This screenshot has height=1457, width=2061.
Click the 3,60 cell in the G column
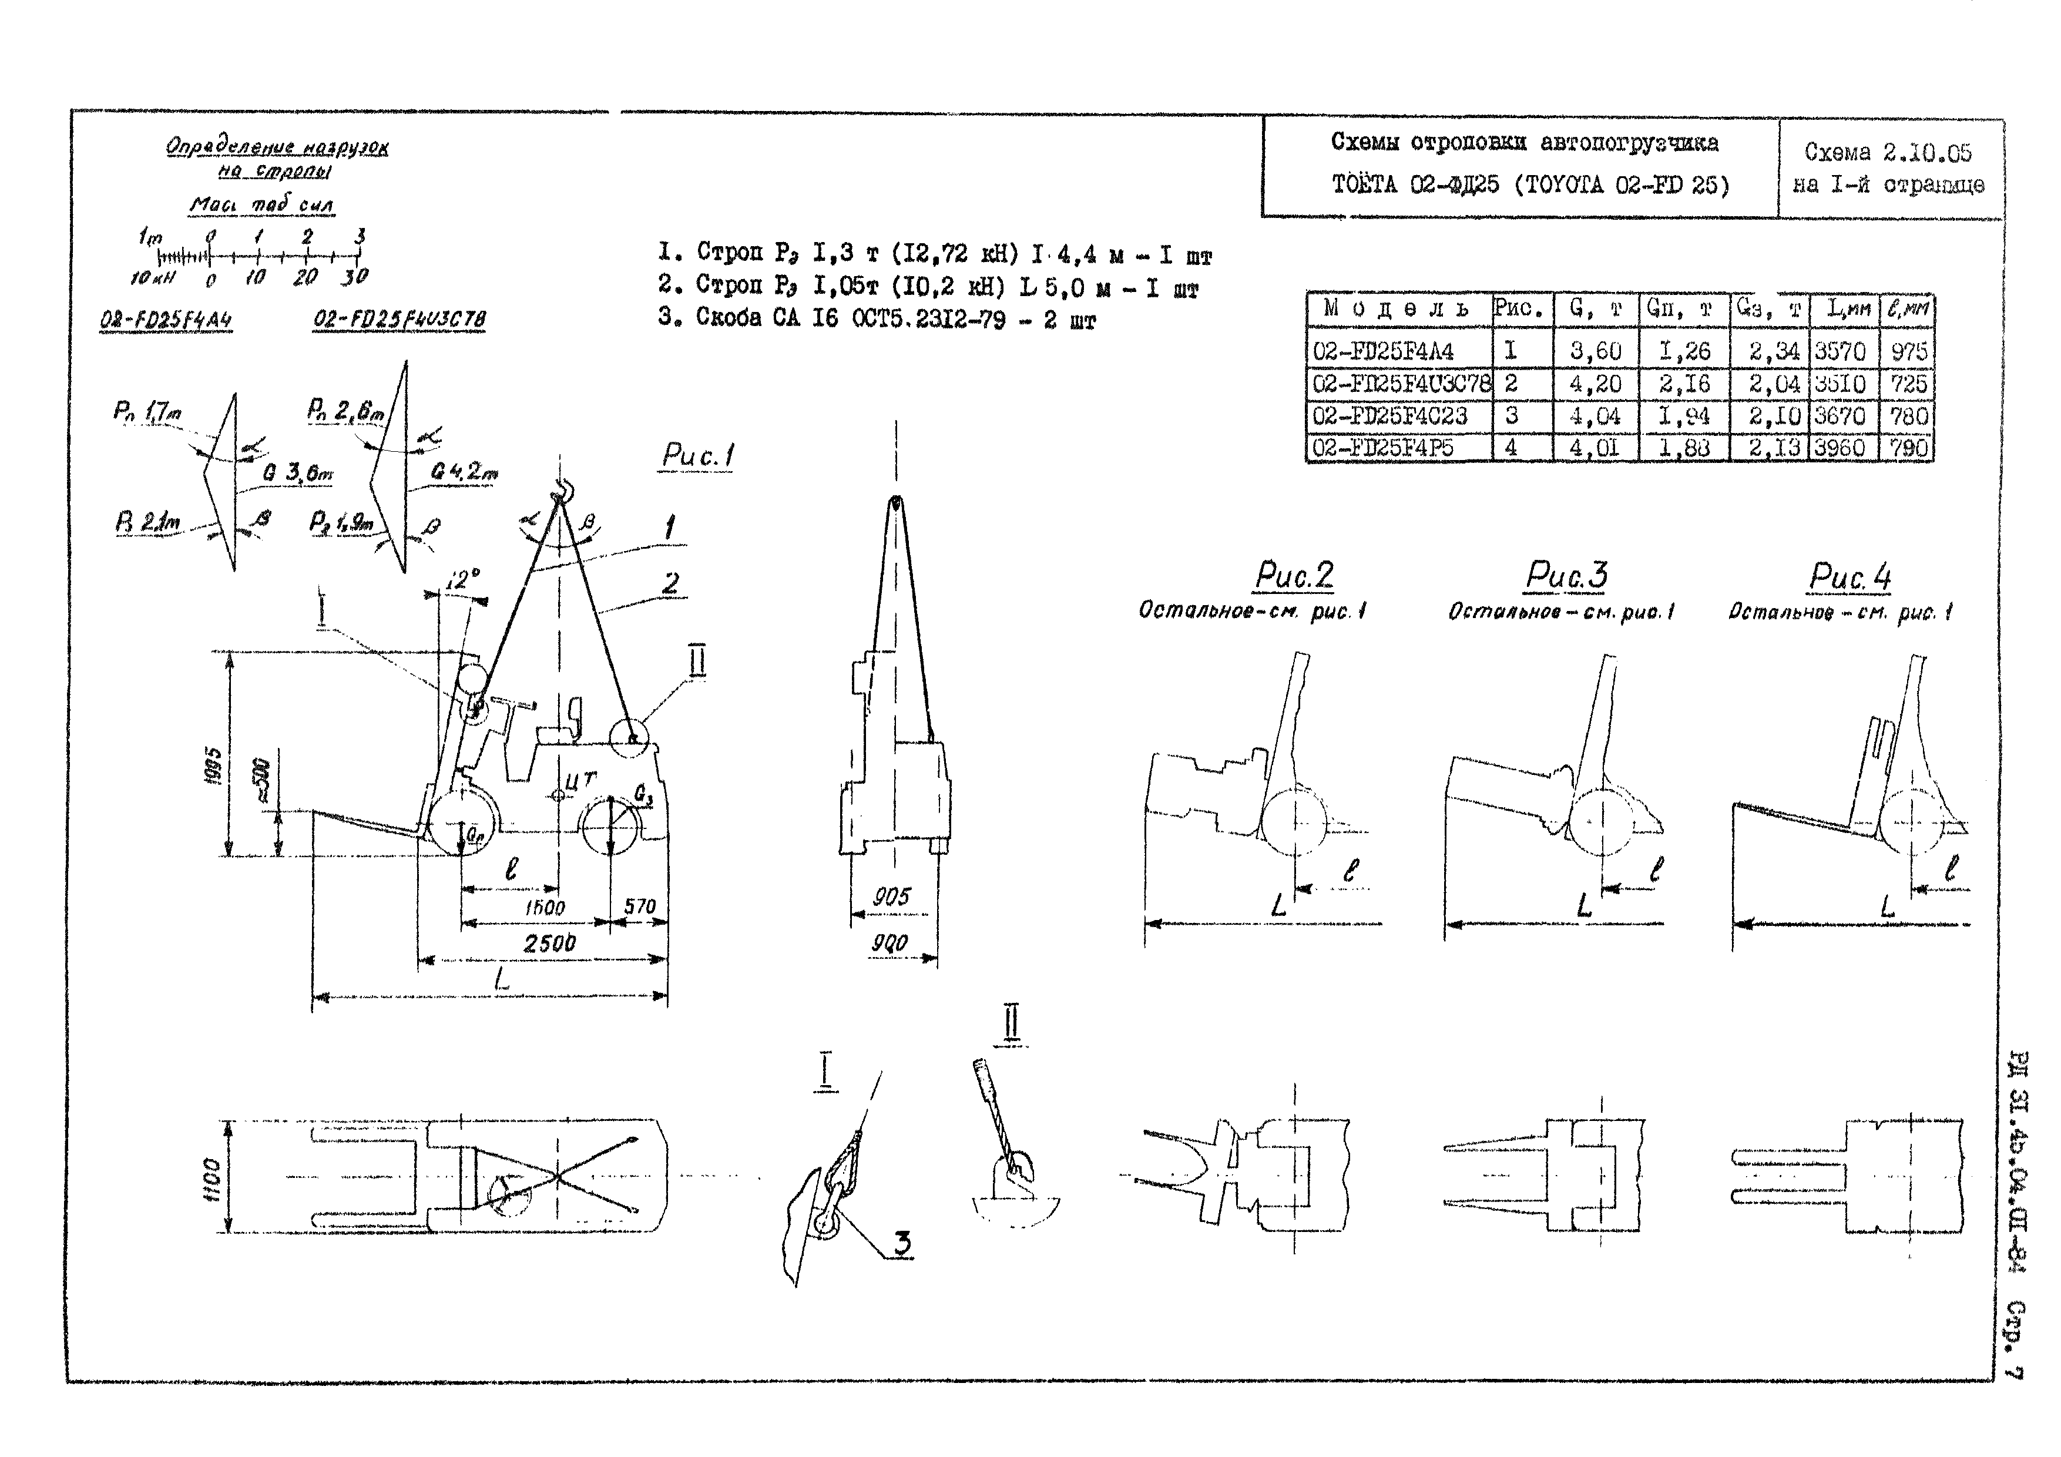[x=1595, y=351]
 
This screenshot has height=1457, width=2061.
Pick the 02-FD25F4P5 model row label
[x=1382, y=447]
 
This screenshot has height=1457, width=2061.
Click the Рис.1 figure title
[x=697, y=456]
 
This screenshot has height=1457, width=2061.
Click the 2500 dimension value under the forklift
[x=549, y=942]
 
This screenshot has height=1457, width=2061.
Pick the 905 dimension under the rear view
[x=891, y=896]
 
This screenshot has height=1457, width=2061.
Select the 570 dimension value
[x=639, y=907]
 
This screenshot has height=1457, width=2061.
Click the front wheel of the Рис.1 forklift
[x=461, y=823]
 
